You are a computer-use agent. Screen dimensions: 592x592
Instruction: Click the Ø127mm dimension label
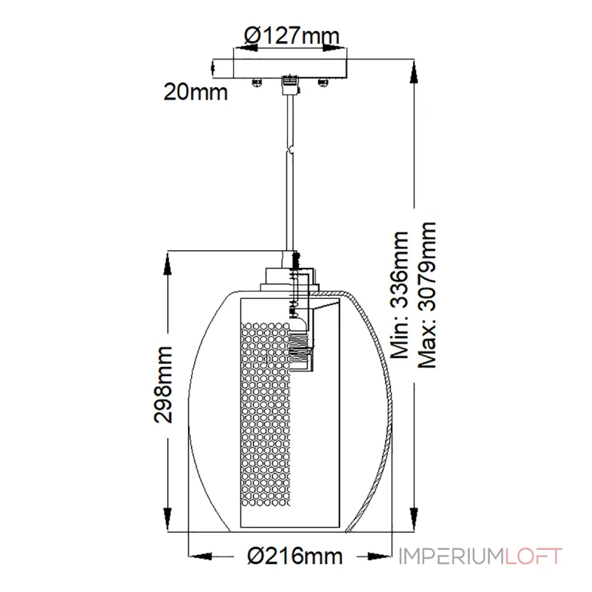(x=292, y=36)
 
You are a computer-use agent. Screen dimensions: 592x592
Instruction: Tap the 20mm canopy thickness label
(x=195, y=92)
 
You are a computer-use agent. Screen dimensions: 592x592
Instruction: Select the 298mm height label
(x=164, y=384)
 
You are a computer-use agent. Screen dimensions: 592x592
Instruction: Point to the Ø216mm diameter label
(x=295, y=556)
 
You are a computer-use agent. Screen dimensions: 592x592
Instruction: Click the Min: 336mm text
(x=400, y=295)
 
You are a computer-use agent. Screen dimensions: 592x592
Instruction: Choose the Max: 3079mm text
(x=428, y=295)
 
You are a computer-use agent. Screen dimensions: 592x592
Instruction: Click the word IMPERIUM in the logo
(x=451, y=556)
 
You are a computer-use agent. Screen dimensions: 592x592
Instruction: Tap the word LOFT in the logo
(x=533, y=556)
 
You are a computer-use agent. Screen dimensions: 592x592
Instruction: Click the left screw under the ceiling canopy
(x=257, y=82)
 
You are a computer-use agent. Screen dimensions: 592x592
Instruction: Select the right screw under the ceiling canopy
(x=323, y=82)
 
